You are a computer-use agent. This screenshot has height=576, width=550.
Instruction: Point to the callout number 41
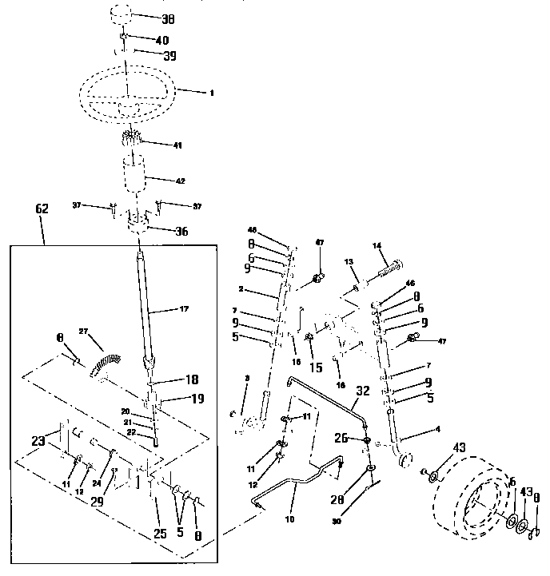[177, 145]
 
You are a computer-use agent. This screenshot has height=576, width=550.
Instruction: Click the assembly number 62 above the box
[42, 209]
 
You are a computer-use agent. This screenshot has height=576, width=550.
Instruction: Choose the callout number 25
[160, 533]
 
